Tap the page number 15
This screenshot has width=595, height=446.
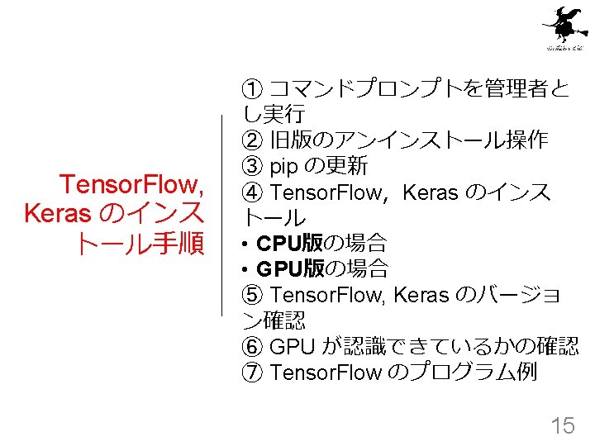coord(562,425)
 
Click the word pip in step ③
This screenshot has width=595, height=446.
coord(284,168)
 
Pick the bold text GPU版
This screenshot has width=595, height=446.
coord(288,269)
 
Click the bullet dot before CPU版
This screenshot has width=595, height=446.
coord(246,244)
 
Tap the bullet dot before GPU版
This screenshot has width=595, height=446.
coord(246,270)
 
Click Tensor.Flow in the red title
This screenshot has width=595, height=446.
coord(132,183)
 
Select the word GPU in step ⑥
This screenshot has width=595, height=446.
coord(290,347)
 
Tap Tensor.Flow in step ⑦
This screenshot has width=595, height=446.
coord(326,372)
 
